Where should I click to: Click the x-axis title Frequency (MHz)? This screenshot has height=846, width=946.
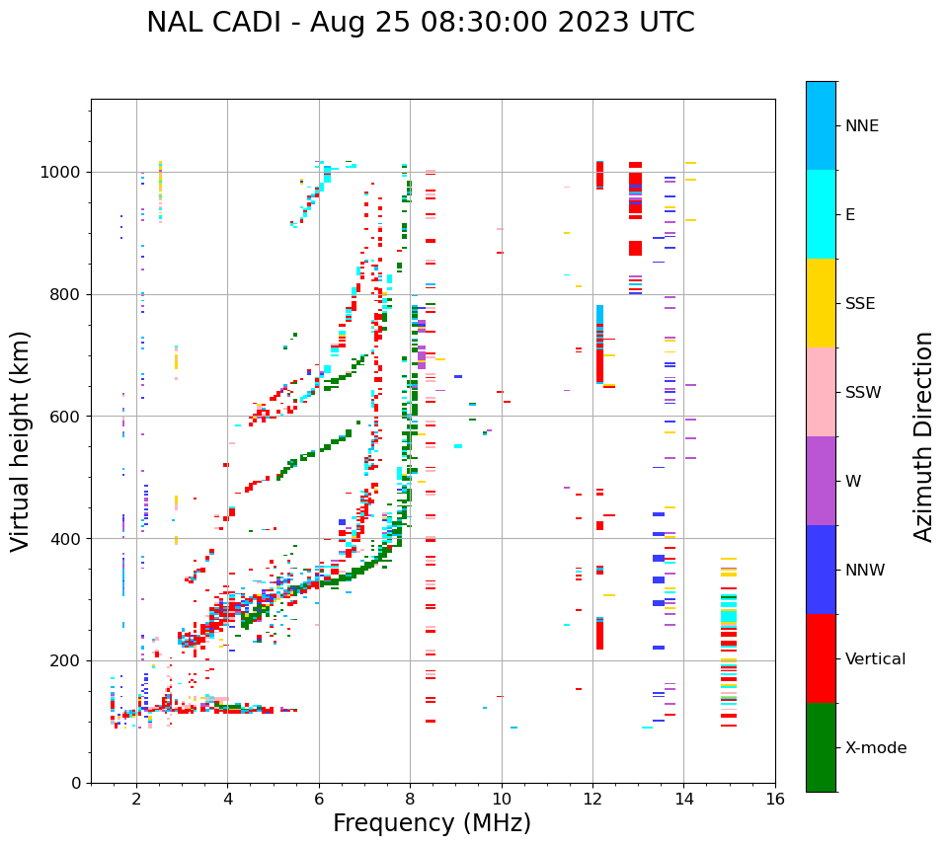pos(432,823)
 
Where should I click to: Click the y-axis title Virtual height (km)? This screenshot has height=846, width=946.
pos(21,441)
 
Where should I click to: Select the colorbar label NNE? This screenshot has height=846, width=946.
pos(861,126)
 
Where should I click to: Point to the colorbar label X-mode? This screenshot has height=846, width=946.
pos(876,748)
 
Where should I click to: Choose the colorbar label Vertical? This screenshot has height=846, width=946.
pos(875,659)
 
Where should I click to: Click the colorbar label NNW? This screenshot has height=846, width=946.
pos(864,571)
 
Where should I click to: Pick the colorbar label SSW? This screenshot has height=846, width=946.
pos(863,393)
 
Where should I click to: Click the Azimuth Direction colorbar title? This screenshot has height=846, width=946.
pos(923,436)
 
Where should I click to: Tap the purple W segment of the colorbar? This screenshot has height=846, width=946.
pos(821,481)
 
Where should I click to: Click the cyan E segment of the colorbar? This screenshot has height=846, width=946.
pos(821,214)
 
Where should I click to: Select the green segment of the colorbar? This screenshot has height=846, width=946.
pos(821,747)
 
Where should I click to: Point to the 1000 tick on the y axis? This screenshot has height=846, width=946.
pos(63,172)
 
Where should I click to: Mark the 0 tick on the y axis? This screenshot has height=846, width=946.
pos(78,783)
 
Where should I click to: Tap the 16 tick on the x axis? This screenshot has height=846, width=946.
pos(775,799)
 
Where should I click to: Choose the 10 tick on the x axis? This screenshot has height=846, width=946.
pos(502,799)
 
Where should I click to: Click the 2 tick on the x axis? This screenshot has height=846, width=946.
pos(136,799)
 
